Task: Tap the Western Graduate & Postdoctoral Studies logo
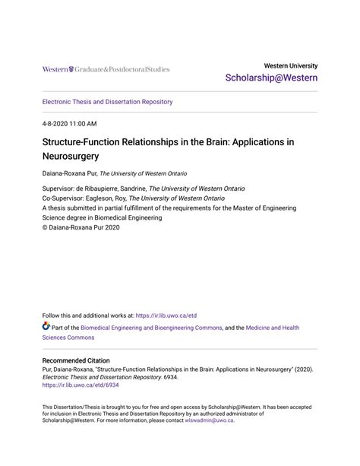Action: pyautogui.click(x=106, y=69)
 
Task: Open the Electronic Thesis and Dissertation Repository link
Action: pyautogui.click(x=107, y=102)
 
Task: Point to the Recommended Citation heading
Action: pyautogui.click(x=76, y=360)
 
